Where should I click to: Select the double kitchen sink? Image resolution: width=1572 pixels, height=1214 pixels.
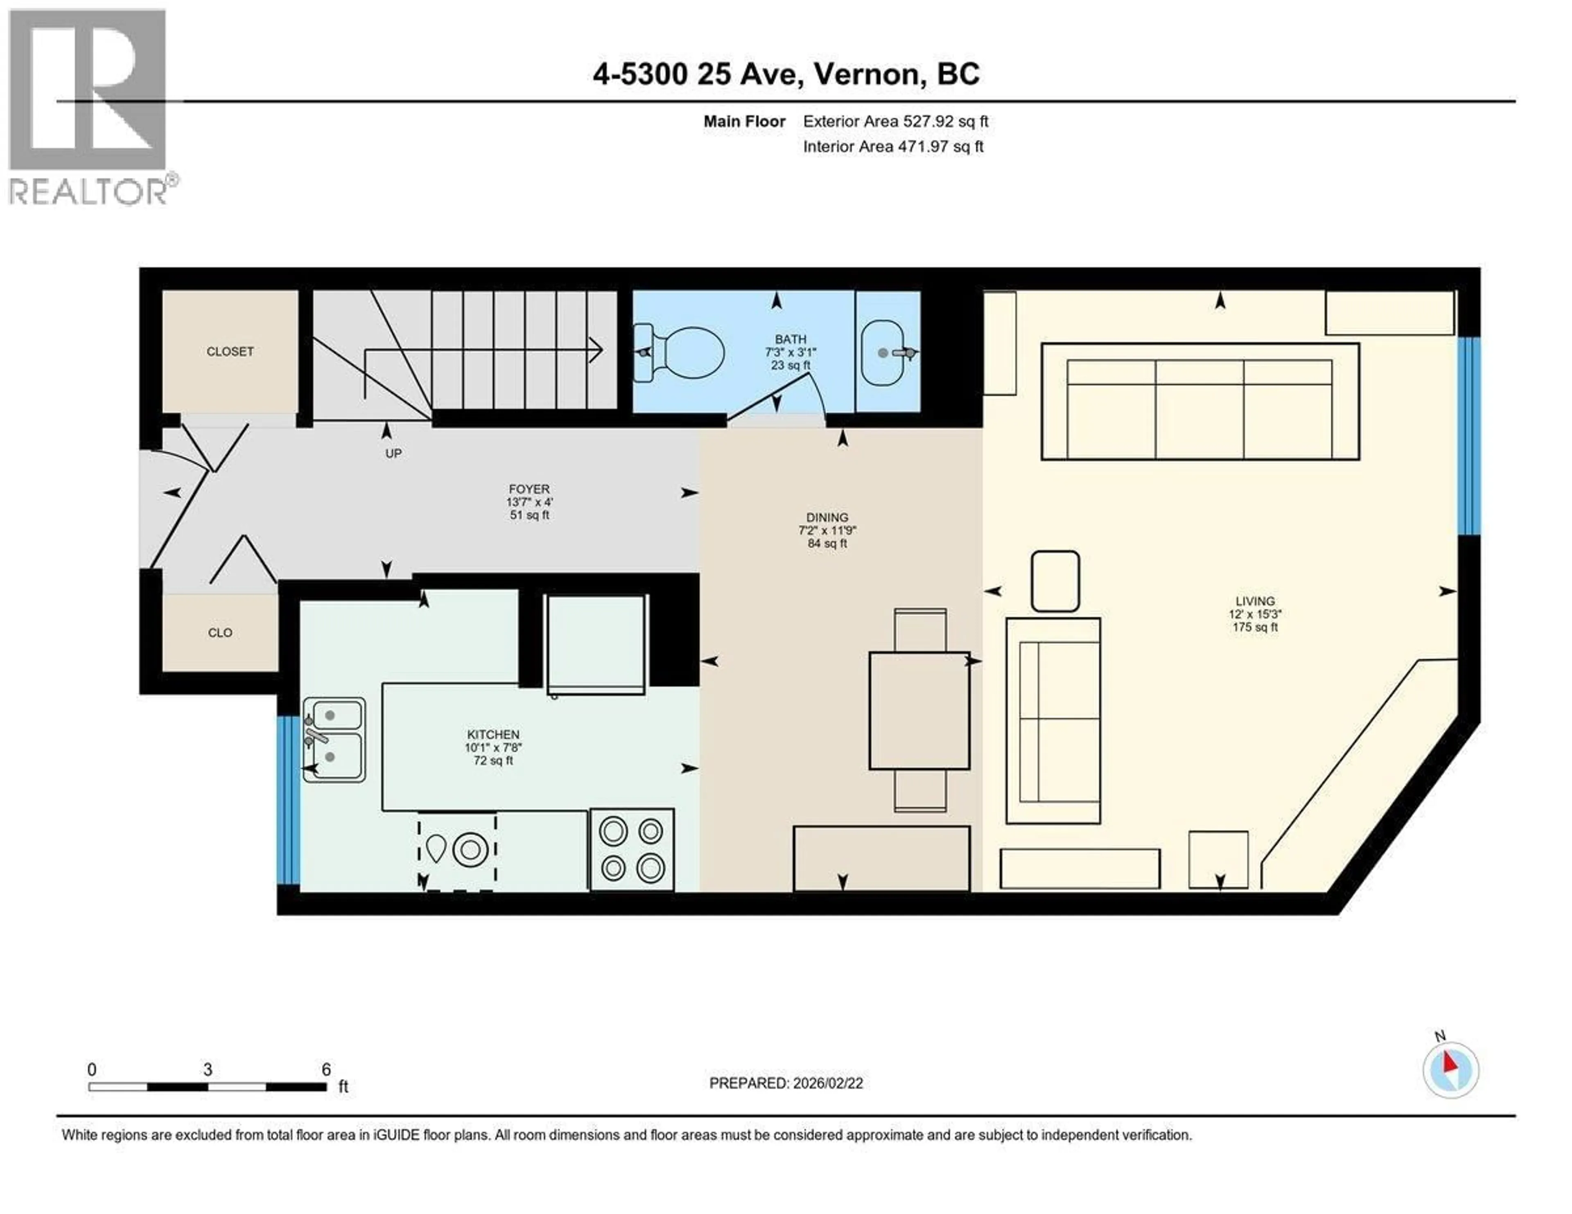333,739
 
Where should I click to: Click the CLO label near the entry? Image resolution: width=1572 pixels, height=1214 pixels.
219,632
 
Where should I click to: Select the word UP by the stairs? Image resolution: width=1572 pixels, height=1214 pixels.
393,454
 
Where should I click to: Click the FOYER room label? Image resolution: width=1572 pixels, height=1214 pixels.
529,489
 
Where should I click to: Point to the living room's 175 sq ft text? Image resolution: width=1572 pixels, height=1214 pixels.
1255,627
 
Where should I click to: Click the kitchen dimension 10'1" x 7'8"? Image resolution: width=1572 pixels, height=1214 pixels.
493,747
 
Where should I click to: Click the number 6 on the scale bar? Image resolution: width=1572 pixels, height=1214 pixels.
326,1070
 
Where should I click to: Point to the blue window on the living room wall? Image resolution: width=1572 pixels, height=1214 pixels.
1468,436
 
